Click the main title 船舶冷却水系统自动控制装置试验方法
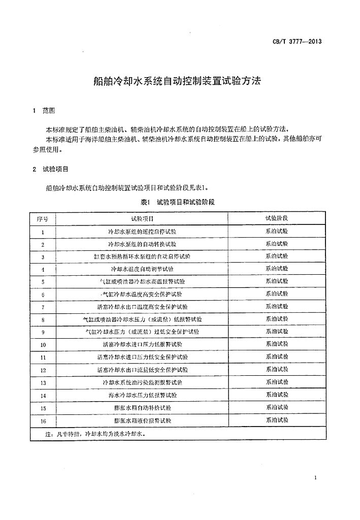click(177, 81)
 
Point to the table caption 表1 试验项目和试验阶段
click(177, 202)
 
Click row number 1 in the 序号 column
click(43, 232)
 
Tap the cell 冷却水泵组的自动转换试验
click(142, 245)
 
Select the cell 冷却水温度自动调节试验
click(142, 269)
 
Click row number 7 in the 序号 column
click(43, 307)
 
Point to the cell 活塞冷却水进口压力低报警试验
click(142, 344)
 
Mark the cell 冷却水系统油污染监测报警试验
click(142, 382)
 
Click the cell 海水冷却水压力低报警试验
click(142, 395)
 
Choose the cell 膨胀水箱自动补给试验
click(142, 407)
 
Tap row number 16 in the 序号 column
click(43, 420)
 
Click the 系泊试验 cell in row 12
click(276, 370)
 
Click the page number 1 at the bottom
click(315, 478)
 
